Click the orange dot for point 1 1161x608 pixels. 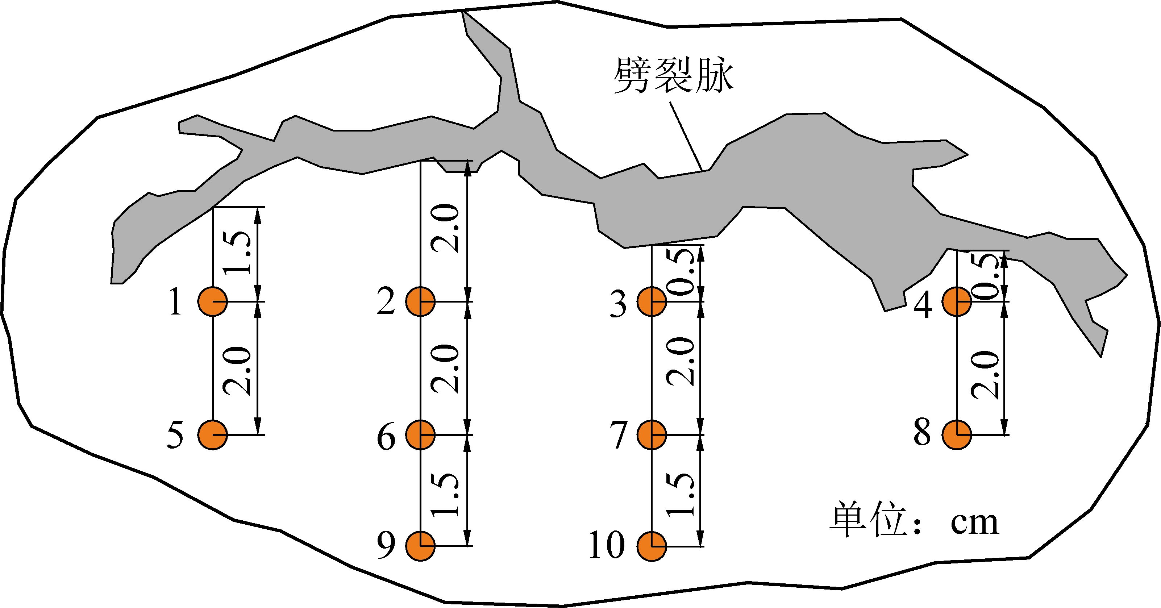coord(213,301)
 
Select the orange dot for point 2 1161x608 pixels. coord(420,301)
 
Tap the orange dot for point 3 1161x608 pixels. coord(652,301)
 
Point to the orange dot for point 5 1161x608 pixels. coord(213,435)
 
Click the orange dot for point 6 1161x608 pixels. coord(420,435)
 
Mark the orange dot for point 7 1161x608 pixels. coord(652,435)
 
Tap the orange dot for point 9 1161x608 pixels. coord(420,546)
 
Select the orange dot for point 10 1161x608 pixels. coord(652,546)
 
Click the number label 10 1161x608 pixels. coord(607,545)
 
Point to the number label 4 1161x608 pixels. coord(923,305)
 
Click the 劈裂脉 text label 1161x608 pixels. coord(673,76)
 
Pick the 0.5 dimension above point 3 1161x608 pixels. coord(681,272)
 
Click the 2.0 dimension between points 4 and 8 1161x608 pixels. coord(985,375)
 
